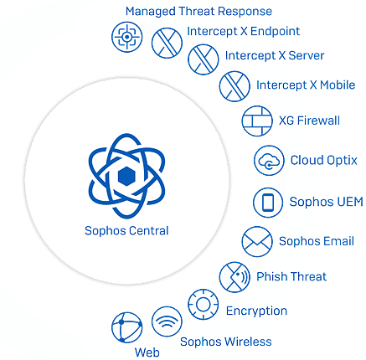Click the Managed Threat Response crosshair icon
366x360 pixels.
pyautogui.click(x=127, y=37)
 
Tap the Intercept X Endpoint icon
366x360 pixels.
pyautogui.click(x=167, y=43)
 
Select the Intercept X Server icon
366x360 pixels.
pyautogui.click(x=204, y=59)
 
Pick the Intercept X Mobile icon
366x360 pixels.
pyautogui.click(x=235, y=86)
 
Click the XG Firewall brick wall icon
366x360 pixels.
pyautogui.click(x=257, y=121)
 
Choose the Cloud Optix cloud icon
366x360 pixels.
pyautogui.click(x=269, y=161)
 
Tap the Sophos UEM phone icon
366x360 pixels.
pyautogui.click(x=268, y=203)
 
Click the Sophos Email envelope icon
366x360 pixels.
pyautogui.click(x=257, y=241)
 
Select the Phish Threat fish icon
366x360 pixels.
pyautogui.click(x=235, y=277)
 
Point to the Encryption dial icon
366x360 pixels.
pyautogui.click(x=204, y=304)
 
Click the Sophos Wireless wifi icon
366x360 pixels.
pyautogui.click(x=167, y=321)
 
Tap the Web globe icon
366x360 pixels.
pyautogui.click(x=127, y=327)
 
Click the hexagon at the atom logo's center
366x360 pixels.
pyautogui.click(x=126, y=177)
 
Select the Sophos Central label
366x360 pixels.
pyautogui.click(x=126, y=231)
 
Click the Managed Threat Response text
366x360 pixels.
pyautogui.click(x=198, y=12)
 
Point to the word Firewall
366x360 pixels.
pyautogui.click(x=318, y=121)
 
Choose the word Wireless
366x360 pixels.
pyautogui.click(x=249, y=342)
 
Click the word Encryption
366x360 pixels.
pyautogui.click(x=256, y=311)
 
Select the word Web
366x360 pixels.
pyautogui.click(x=147, y=352)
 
